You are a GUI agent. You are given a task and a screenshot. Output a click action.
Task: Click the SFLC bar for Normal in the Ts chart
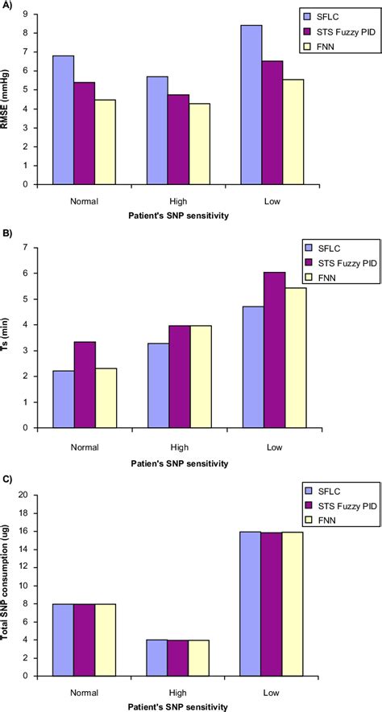[64, 386]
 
